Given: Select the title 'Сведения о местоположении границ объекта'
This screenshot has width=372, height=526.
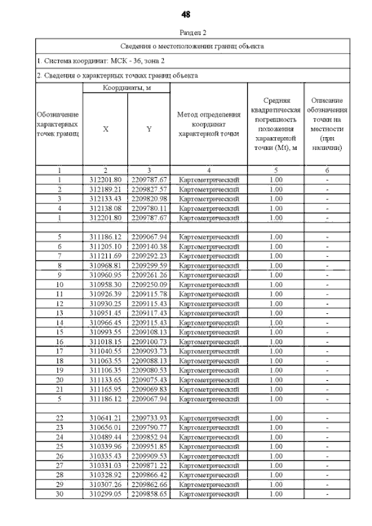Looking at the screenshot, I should [192, 45].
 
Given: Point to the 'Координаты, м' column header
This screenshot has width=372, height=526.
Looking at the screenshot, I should [127, 87].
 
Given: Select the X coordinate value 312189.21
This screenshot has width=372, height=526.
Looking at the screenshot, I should [105, 189].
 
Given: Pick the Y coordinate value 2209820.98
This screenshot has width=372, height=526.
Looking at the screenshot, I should [149, 199].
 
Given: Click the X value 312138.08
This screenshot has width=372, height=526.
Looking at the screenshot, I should [105, 208].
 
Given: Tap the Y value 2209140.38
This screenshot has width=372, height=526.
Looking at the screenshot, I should [149, 246].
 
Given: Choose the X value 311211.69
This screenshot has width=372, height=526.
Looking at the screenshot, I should [105, 256].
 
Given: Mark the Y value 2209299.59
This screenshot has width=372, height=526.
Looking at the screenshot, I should [149, 265].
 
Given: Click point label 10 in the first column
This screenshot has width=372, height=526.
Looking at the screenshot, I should [59, 284].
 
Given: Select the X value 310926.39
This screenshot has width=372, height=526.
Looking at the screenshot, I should [105, 294].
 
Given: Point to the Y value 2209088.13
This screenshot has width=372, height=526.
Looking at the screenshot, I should [149, 360].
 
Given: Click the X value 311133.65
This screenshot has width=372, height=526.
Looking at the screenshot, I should [105, 380].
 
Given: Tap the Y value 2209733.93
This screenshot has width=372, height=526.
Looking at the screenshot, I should [149, 418].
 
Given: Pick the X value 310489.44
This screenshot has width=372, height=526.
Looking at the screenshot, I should [105, 436].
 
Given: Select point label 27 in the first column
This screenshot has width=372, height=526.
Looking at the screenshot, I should [59, 465].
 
